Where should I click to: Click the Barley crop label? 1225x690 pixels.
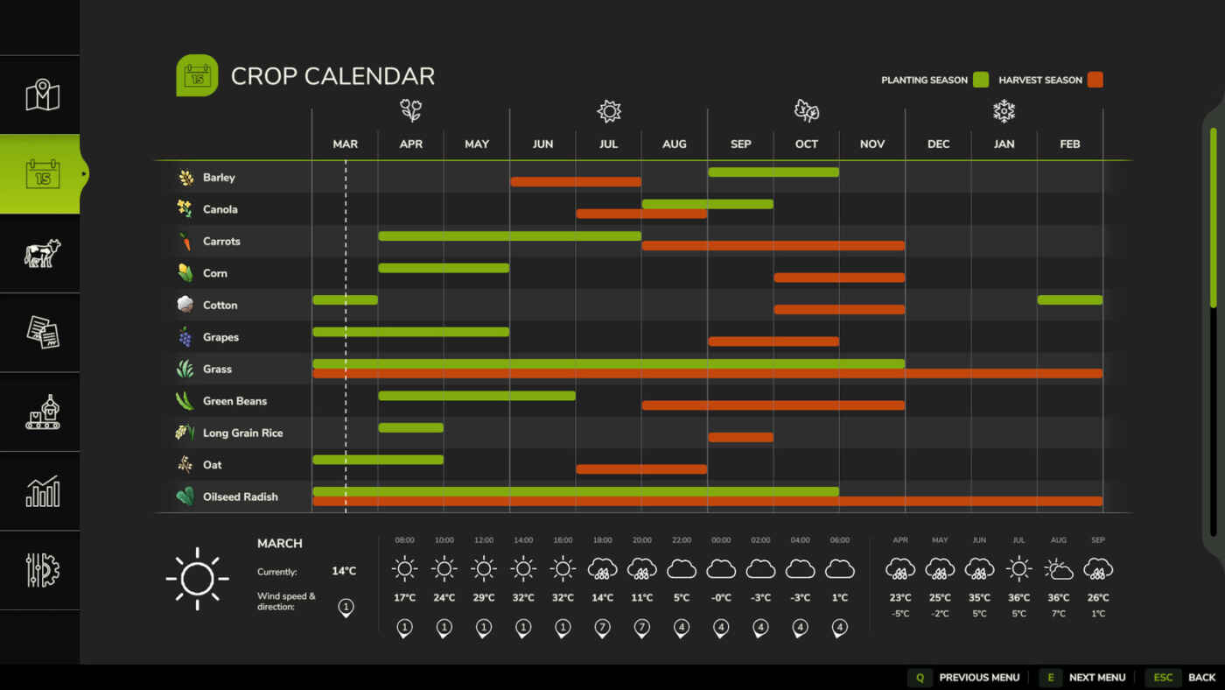pos(219,178)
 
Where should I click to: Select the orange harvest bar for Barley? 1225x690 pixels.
pos(576,182)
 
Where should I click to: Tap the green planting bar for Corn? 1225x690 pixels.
pos(444,268)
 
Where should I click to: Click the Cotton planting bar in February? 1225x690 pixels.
pos(1069,300)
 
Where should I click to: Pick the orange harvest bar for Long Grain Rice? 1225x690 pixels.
pos(740,437)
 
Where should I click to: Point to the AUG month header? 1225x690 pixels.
pos(675,144)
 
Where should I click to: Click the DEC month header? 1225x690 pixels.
pos(938,144)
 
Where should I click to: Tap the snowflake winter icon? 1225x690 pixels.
pos(1004,111)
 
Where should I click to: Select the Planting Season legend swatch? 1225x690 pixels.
pos(981,80)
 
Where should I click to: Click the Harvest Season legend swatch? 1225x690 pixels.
pos(1095,80)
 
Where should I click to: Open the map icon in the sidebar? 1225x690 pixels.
pos(42,95)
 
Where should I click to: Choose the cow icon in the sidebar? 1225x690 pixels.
pos(42,253)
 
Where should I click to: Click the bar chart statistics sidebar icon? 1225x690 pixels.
pos(42,491)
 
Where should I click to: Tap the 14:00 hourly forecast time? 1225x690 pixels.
pos(523,540)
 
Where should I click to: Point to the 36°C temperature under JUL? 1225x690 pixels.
pos(1018,598)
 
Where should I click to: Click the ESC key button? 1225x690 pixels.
pos(1163,678)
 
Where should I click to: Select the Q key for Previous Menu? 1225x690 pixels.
pos(920,678)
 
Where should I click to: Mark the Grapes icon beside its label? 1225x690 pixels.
pos(185,337)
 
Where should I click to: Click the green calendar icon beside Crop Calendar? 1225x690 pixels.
pos(197,76)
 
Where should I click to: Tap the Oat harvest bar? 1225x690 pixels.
pos(641,469)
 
